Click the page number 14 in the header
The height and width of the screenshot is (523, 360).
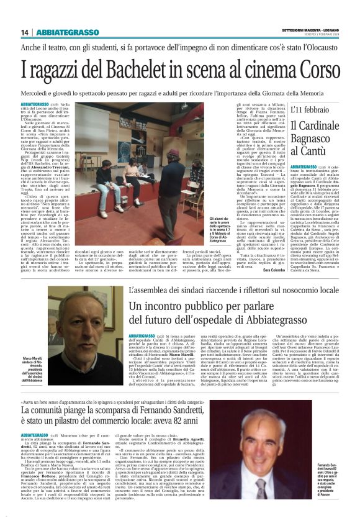coord(25,32)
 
